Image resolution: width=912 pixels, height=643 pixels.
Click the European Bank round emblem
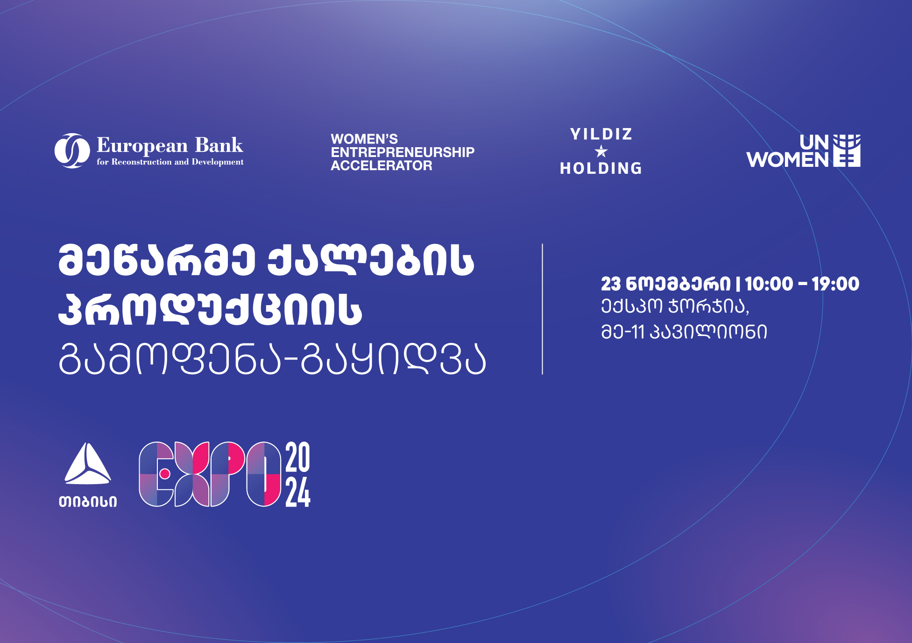72,150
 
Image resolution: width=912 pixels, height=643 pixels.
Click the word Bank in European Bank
219,145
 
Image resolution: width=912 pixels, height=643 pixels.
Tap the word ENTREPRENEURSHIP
403,152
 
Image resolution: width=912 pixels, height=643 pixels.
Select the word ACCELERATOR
382,165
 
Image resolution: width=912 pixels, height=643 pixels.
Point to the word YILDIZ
601,135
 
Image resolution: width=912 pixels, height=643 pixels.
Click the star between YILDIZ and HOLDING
601,151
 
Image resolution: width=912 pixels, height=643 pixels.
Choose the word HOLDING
601,168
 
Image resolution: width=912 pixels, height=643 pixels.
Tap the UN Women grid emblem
847,150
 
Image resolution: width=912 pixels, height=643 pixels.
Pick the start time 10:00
769,284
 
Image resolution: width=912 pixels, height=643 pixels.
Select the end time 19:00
835,284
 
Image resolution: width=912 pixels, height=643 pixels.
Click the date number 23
611,284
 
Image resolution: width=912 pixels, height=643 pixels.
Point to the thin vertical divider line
542,309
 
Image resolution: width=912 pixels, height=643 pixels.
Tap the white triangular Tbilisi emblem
88,464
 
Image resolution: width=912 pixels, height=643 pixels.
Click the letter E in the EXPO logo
156,474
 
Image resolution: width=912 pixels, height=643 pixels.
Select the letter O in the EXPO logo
264,474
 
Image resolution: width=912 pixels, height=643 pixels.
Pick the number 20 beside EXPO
298,457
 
